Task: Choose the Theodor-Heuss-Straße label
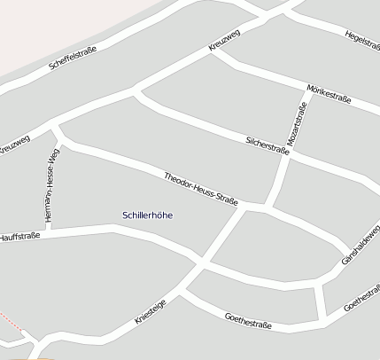pos(201,190)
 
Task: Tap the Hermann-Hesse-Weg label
pos(51,184)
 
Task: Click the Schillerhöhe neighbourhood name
pos(147,215)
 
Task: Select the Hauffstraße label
pos(19,237)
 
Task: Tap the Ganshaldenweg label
pos(361,245)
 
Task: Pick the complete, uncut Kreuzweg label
pos(225,41)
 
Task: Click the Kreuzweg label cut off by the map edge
pos(14,145)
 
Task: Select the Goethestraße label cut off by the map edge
pos(362,299)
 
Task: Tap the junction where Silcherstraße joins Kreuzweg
pos(136,90)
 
